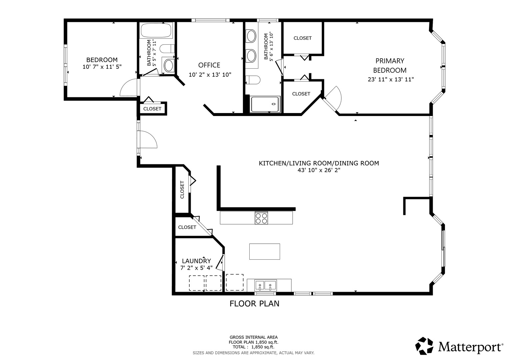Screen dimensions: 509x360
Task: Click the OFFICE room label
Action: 209,65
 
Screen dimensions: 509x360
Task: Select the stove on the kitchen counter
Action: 261,218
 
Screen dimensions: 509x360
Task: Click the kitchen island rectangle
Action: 264,252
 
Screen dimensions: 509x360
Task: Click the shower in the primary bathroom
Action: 265,104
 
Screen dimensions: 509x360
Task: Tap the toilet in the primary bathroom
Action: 253,80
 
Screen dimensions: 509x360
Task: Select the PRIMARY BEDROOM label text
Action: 390,65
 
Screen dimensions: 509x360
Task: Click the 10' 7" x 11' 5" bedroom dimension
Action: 102,67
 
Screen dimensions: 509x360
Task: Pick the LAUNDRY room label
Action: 196,261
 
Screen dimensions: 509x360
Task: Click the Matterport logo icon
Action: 424,346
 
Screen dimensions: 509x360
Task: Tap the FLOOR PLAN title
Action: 254,304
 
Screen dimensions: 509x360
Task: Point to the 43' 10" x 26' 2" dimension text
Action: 319,170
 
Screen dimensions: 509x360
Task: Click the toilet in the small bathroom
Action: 167,49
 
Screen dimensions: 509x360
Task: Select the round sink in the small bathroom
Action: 168,65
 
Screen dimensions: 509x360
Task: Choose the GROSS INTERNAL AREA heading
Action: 254,337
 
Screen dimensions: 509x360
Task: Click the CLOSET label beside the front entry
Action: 152,109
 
